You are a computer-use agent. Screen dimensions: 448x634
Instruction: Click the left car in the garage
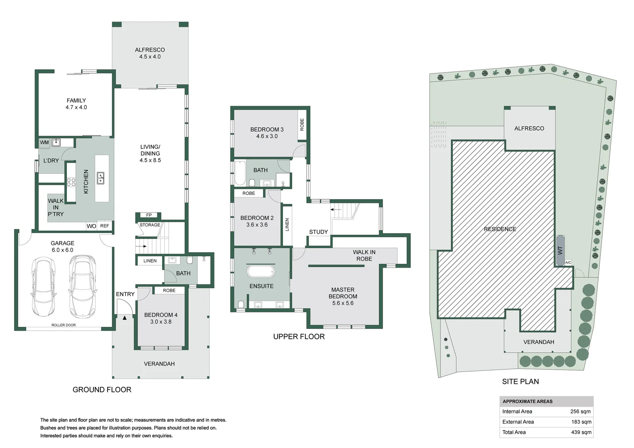(x=44, y=287)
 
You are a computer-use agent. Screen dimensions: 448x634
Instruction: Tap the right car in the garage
(x=83, y=287)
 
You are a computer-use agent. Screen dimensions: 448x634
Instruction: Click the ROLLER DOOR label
(x=63, y=325)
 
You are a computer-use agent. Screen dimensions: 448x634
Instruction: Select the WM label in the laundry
(x=44, y=142)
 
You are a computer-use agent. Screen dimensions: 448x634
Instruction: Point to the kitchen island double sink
(x=100, y=178)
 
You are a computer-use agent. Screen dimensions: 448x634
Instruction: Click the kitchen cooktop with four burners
(x=71, y=182)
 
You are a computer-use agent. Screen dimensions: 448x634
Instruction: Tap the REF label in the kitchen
(x=105, y=226)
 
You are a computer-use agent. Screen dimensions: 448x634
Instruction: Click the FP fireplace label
(x=149, y=215)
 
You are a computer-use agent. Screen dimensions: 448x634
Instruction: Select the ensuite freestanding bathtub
(x=261, y=272)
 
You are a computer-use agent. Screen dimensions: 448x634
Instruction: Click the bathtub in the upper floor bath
(x=240, y=173)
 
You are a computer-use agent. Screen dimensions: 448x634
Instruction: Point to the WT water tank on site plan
(x=560, y=251)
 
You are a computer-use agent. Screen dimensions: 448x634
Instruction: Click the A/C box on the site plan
(x=568, y=262)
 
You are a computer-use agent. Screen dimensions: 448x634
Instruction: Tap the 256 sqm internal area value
(x=580, y=411)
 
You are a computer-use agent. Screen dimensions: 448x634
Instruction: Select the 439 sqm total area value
(x=581, y=432)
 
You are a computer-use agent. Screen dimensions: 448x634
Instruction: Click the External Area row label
(x=518, y=422)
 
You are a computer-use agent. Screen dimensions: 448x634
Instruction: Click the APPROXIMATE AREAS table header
(x=527, y=401)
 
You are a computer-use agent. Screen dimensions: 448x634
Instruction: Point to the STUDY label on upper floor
(x=318, y=232)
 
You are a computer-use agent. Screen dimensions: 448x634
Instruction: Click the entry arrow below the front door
(x=124, y=318)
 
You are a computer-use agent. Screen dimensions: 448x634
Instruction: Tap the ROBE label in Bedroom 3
(x=302, y=124)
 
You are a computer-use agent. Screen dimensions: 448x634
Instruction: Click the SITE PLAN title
(x=520, y=382)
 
